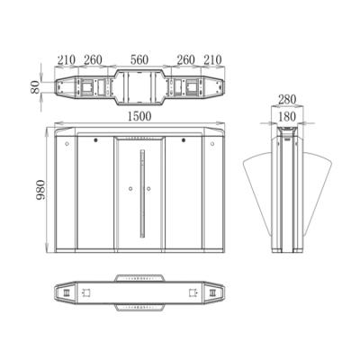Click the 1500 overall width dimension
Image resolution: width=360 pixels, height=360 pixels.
(x=139, y=116)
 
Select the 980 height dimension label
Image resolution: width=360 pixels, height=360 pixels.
(x=40, y=190)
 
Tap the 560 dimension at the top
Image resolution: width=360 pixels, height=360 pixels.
(x=139, y=60)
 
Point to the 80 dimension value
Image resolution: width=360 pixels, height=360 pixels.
(x=35, y=87)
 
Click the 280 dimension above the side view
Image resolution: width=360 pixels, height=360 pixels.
(x=287, y=99)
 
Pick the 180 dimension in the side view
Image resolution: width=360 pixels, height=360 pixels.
(x=287, y=117)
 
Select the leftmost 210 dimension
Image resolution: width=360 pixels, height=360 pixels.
(x=66, y=60)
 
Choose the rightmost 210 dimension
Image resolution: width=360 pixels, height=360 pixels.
(x=212, y=60)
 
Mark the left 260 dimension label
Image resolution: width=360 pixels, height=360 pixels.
(x=93, y=60)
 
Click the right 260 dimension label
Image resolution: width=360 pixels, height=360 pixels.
(x=185, y=60)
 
